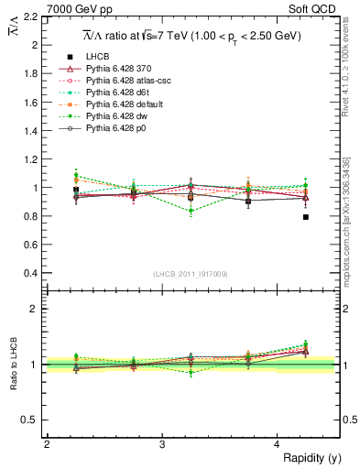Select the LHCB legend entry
97,57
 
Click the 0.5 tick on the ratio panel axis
33,420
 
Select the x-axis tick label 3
161,444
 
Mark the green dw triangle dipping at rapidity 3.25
191,212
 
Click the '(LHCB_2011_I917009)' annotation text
191,274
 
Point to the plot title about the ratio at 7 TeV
190,36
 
